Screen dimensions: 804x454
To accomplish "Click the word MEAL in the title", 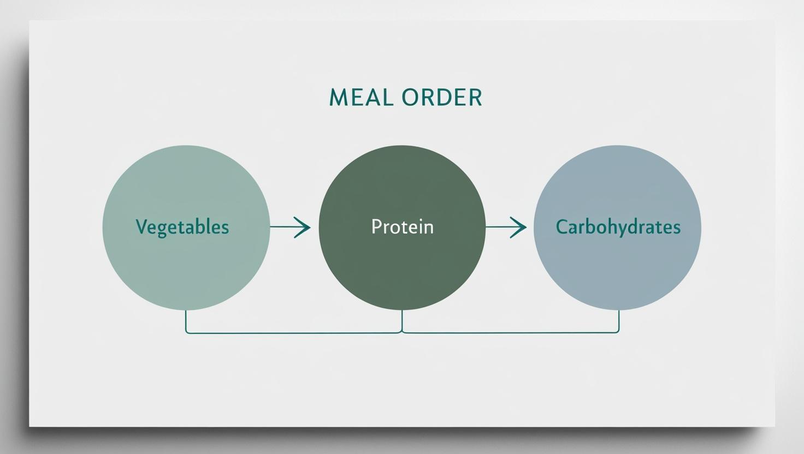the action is (x=360, y=98).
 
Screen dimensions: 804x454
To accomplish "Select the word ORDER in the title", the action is (x=442, y=98).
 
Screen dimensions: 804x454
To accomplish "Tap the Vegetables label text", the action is (x=182, y=227).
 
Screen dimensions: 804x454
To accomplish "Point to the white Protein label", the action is (x=402, y=227).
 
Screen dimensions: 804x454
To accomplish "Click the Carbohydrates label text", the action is (x=618, y=227).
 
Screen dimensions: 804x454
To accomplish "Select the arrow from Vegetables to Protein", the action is (x=291, y=227).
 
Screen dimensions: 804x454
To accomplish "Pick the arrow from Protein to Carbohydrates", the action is (x=506, y=227).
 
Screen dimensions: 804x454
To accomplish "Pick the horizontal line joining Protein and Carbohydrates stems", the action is (x=511, y=332).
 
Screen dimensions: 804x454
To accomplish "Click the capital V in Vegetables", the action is (x=141, y=226).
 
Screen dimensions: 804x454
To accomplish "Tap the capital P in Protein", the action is (x=376, y=226).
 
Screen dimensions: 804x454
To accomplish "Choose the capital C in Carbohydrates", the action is (x=561, y=227).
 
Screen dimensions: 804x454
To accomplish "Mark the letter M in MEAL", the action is (x=339, y=98).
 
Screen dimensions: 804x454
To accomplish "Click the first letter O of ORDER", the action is (x=410, y=98).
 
